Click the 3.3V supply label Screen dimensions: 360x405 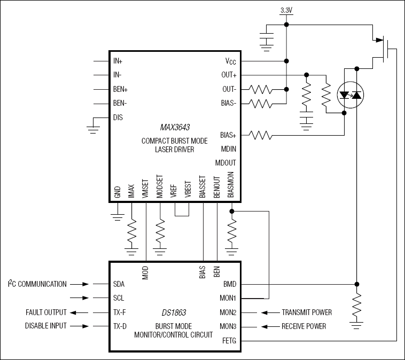click(x=286, y=10)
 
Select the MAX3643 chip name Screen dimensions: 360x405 click(x=175, y=128)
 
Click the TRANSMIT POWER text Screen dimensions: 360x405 click(x=307, y=312)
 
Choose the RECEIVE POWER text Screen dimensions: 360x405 click(x=303, y=326)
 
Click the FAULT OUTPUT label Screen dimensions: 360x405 click(x=46, y=312)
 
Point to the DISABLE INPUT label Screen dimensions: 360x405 click(x=46, y=326)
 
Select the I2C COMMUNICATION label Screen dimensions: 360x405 click(x=37, y=284)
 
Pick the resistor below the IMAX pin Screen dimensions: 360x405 click(x=131, y=232)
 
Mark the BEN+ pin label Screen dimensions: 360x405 click(x=121, y=89)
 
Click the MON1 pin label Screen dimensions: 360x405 click(x=228, y=299)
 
